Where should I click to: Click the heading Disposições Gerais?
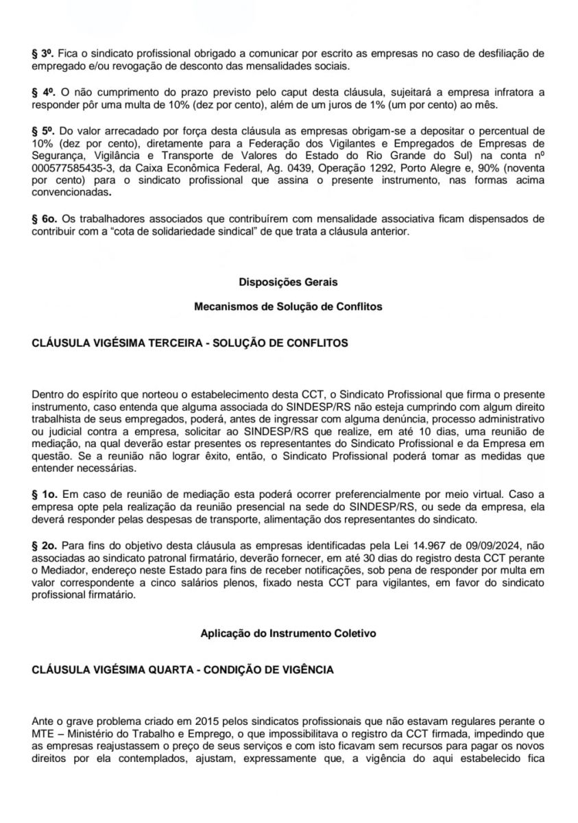[288, 282]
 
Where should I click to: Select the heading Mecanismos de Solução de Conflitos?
[288, 307]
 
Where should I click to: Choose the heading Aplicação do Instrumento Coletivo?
[288, 634]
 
